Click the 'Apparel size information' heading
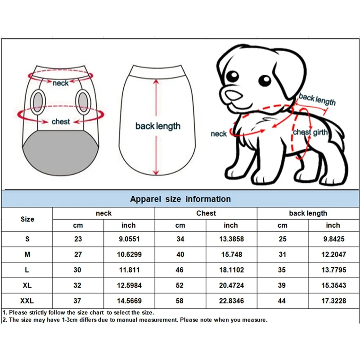pos(180,199)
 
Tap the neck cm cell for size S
pos(78,239)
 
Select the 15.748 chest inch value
pos(232,254)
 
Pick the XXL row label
pos(27,301)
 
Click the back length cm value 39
pos(282,285)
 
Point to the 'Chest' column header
pos(206,213)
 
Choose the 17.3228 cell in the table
pos(333,301)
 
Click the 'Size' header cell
pos(27,219)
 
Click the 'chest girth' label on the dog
pos(310,132)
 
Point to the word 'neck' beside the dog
pos(219,134)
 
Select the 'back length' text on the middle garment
pos(158,126)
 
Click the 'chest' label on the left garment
pos(61,121)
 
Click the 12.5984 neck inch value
pos(129,285)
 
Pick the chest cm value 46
pos(180,270)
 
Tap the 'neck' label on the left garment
pos(61,83)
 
